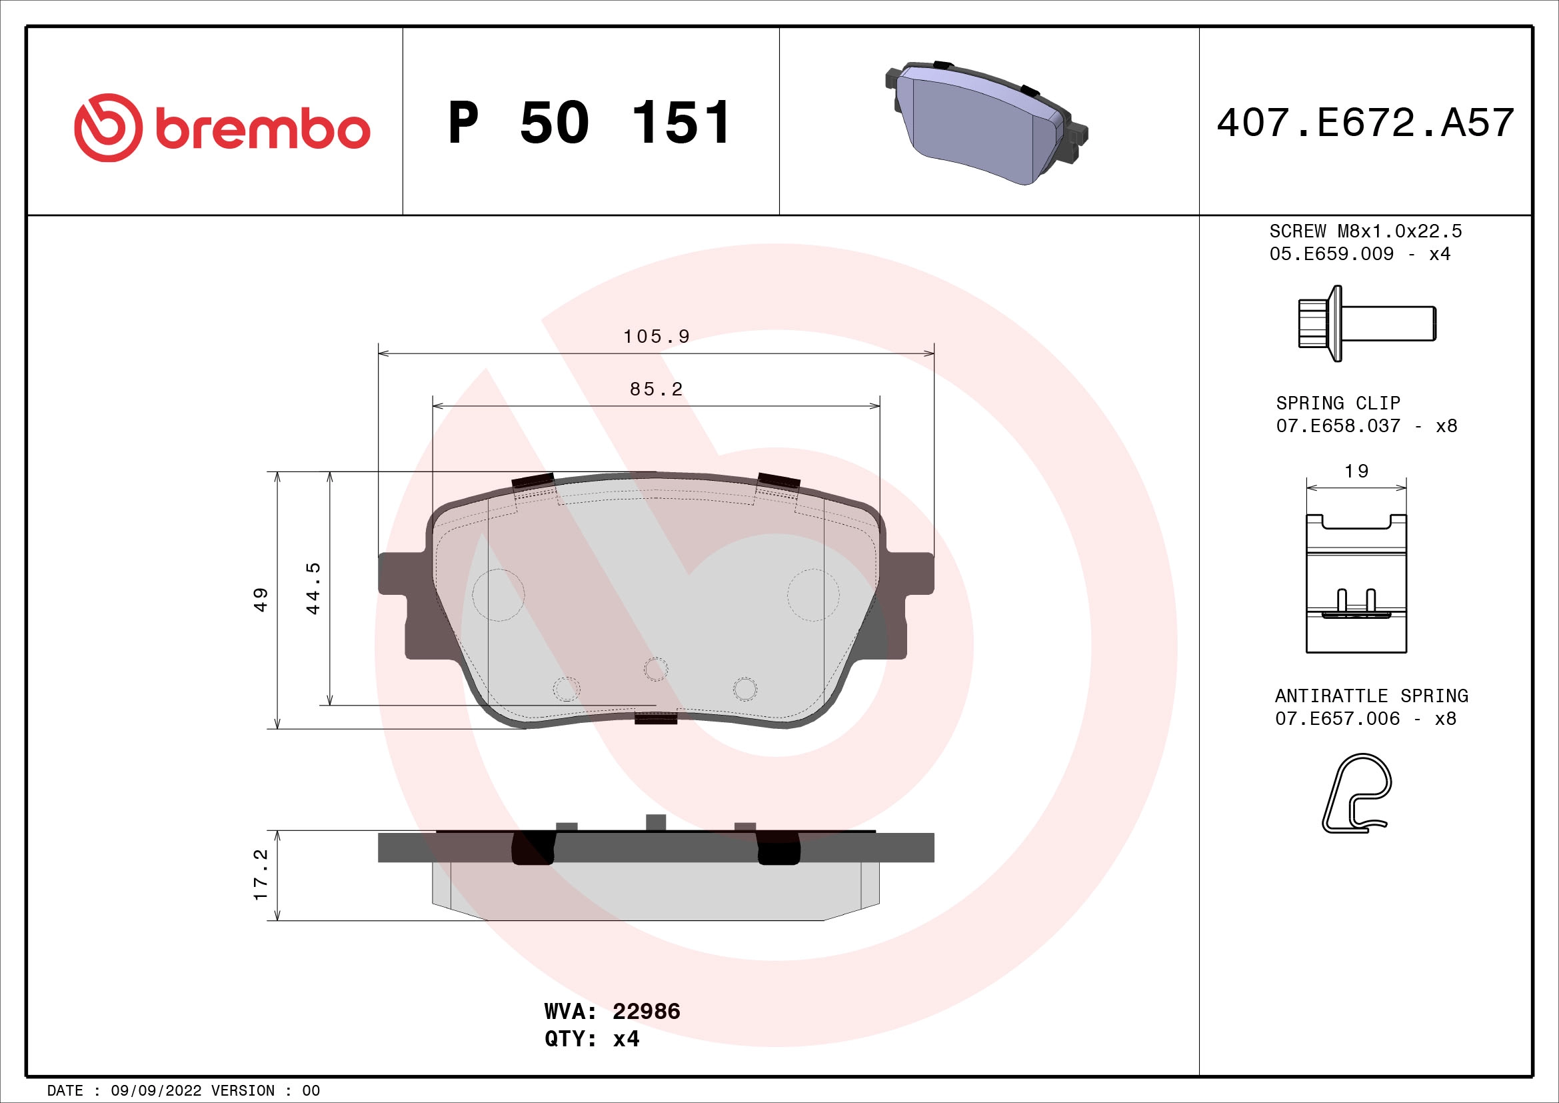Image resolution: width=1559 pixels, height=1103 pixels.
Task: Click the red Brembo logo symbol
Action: point(108,127)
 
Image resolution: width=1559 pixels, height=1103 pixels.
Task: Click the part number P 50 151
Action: point(589,123)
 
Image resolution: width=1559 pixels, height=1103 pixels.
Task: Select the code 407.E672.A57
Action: point(1365,123)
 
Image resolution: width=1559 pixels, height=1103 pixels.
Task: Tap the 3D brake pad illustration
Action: point(986,123)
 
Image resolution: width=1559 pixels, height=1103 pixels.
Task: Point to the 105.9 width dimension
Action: point(656,337)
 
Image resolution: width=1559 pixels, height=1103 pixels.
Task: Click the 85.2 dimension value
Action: point(656,389)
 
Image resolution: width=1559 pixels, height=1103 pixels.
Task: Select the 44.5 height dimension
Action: point(313,588)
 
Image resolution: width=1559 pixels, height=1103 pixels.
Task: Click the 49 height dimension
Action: point(261,600)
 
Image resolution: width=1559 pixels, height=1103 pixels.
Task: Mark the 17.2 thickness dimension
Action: point(261,875)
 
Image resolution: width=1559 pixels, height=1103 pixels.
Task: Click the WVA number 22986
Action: point(646,1012)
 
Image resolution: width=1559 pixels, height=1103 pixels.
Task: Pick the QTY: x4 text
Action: point(591,1039)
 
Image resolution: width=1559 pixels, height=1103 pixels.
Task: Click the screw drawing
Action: point(1366,323)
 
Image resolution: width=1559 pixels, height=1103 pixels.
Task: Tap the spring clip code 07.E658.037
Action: point(1338,426)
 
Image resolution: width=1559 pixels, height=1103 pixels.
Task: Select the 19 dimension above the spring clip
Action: point(1356,471)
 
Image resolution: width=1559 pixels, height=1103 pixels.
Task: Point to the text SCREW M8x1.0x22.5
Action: point(1365,231)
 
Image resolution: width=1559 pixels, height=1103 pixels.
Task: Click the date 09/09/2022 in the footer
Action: point(156,1091)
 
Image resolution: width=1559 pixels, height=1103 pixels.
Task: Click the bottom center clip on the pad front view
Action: point(656,718)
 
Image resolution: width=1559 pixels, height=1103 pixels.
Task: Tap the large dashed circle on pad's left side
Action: point(499,595)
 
